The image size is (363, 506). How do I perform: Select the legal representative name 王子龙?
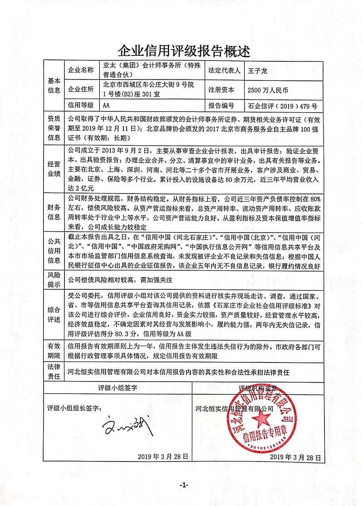tap(256, 71)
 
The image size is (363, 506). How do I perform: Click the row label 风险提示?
tap(54, 281)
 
